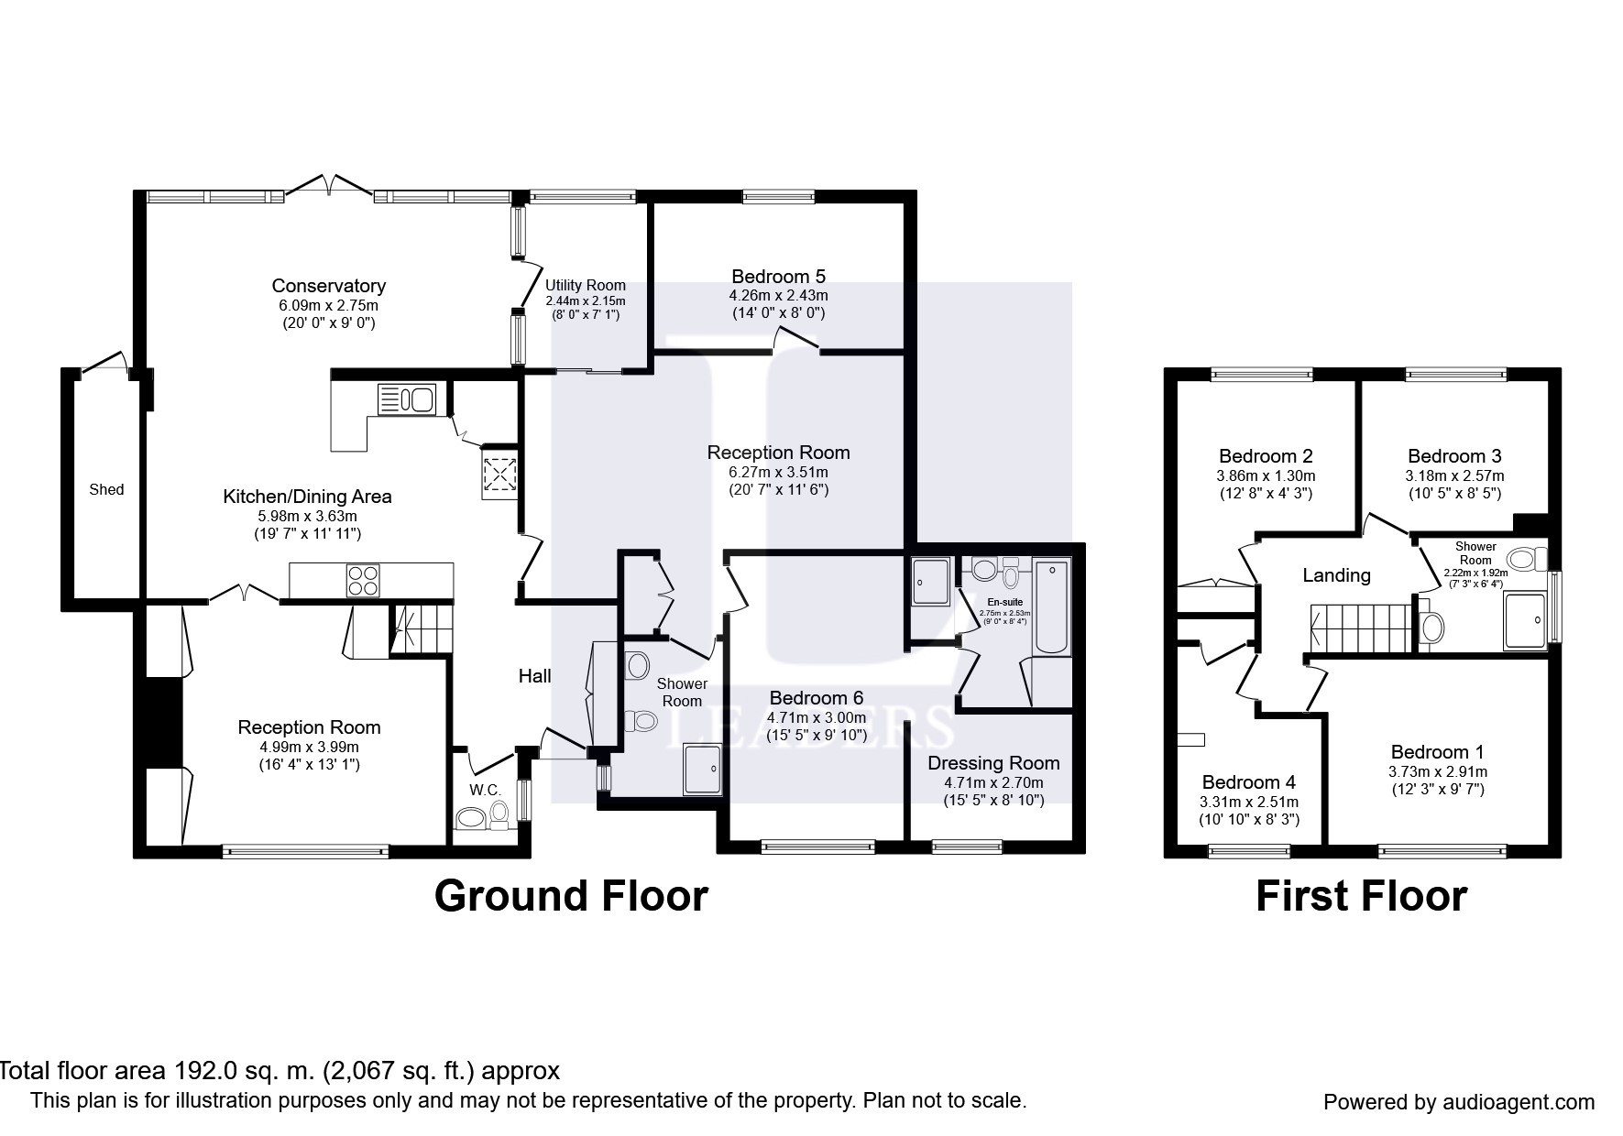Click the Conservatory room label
coord(328,286)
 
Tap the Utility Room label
coord(585,286)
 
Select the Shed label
coord(106,489)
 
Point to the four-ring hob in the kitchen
coord(363,581)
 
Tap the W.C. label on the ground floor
coord(485,790)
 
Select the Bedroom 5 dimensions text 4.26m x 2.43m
coord(778,296)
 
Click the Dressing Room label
coord(993,763)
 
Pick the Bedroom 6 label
coord(817,697)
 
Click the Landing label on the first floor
coord(1336,575)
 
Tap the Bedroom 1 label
coord(1437,752)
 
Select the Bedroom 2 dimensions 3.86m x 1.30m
coord(1266,476)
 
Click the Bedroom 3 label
coord(1454,456)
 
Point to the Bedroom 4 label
coord(1248,782)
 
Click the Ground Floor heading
coord(571,896)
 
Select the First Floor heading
coord(1361,896)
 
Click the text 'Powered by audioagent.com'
coord(1459,1102)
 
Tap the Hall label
coord(534,676)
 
